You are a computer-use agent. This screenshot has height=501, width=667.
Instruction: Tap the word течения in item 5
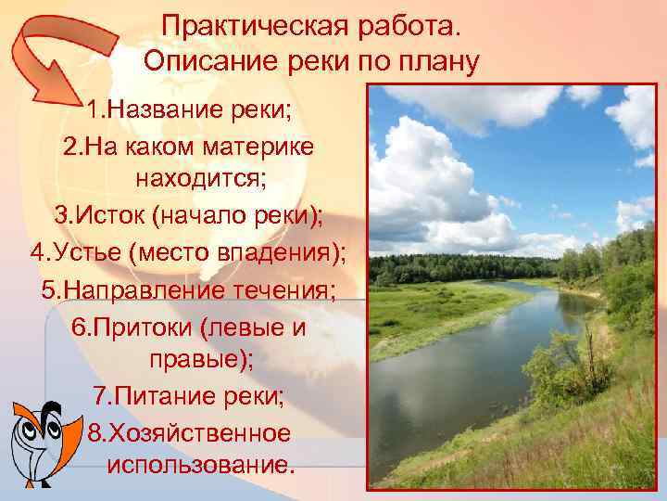pos(283,288)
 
